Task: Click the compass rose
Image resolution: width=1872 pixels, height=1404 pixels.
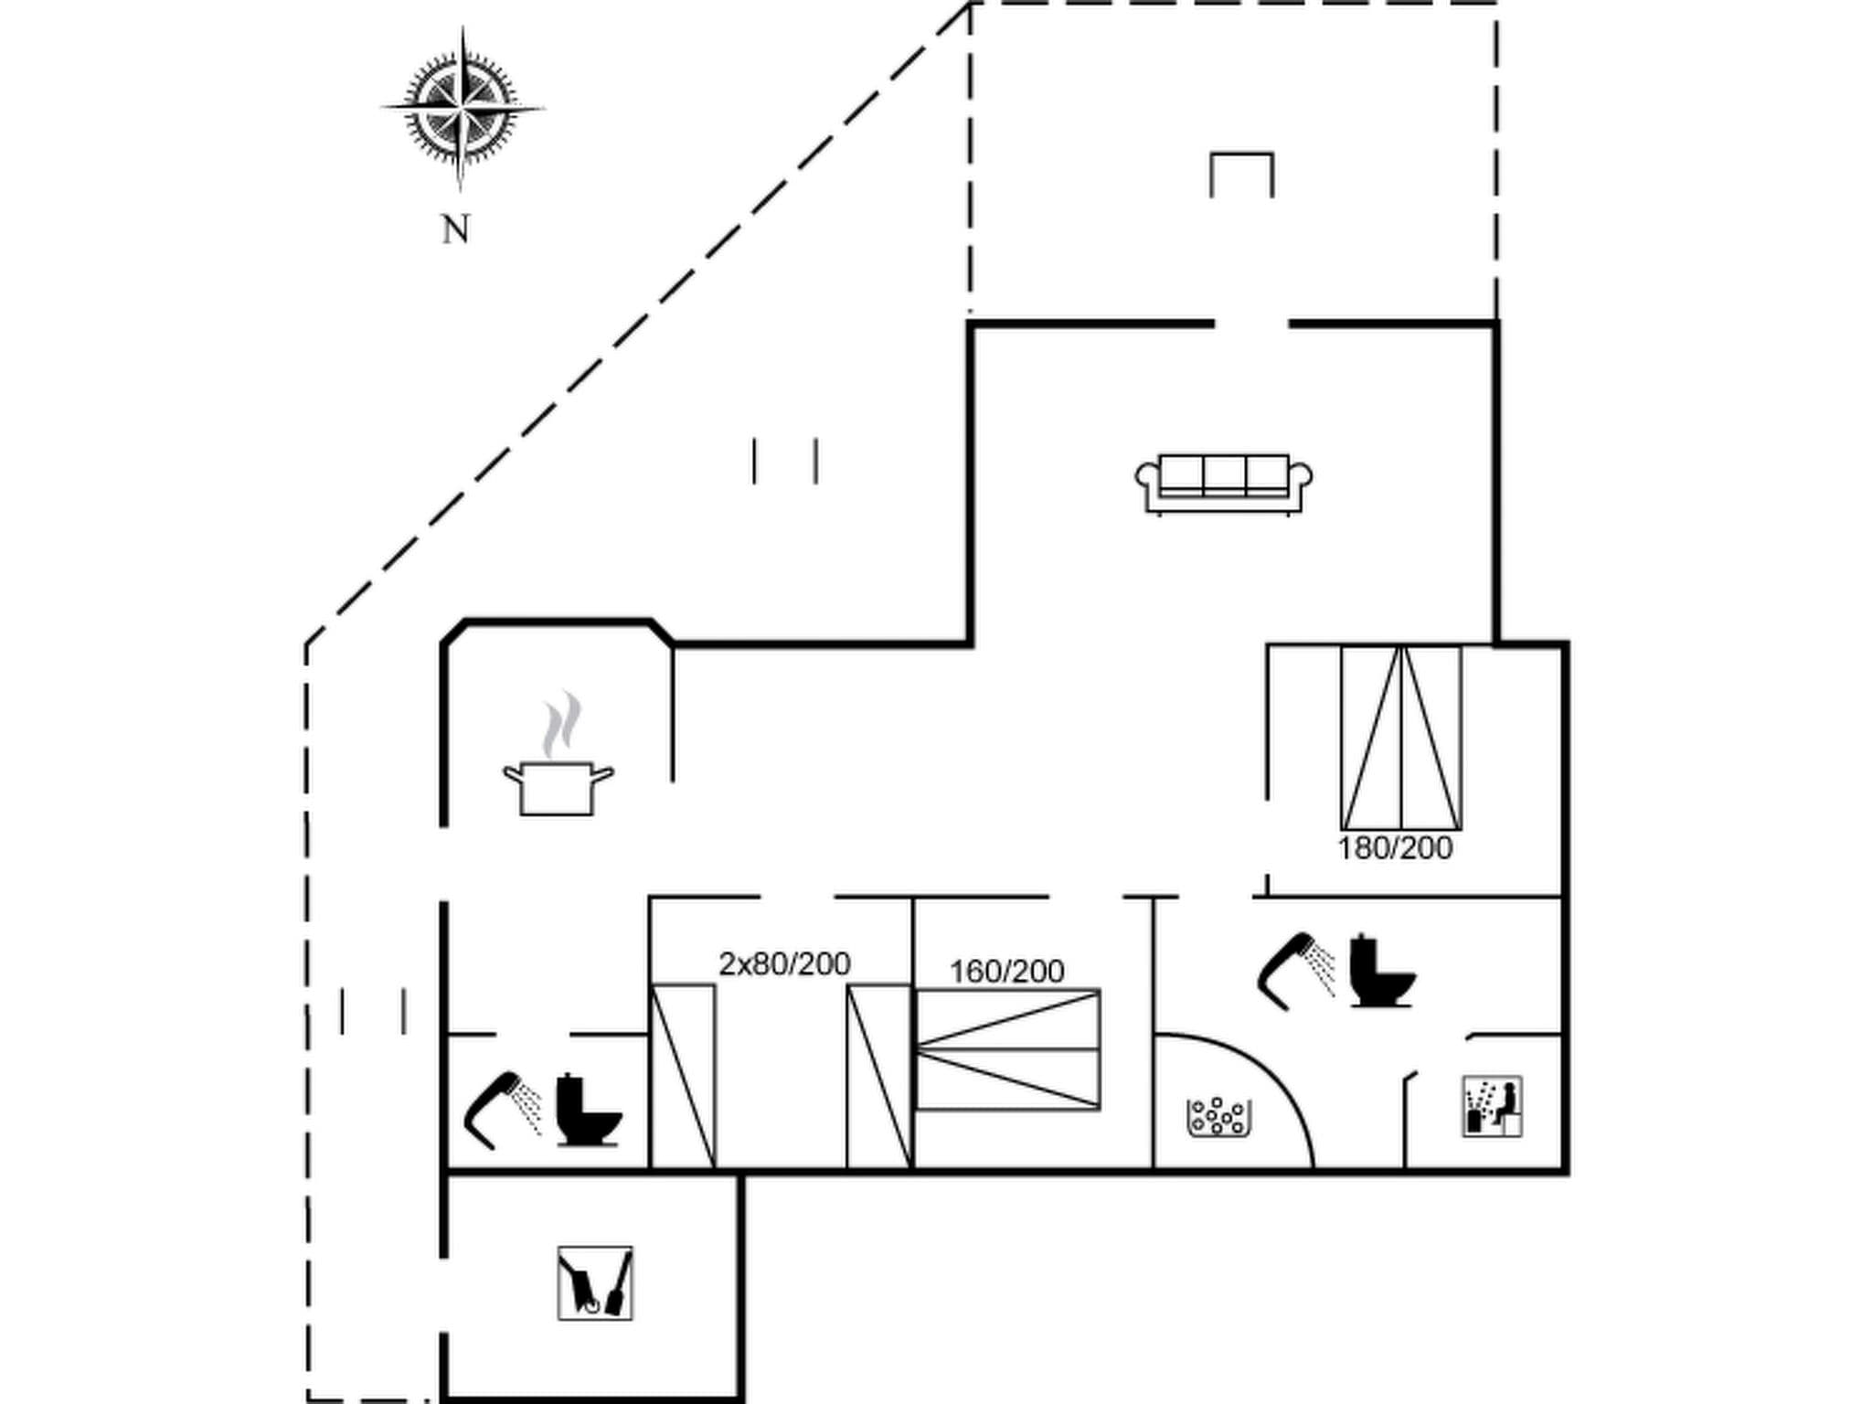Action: click(x=462, y=108)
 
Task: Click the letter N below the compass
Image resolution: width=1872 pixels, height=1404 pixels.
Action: click(x=456, y=230)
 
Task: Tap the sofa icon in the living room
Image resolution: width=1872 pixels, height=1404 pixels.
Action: click(x=1224, y=484)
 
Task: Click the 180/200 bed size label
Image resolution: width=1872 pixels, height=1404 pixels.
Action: click(x=1395, y=848)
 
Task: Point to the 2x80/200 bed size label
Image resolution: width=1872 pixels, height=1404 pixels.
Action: click(x=784, y=963)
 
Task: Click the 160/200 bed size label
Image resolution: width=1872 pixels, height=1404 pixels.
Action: click(x=1006, y=971)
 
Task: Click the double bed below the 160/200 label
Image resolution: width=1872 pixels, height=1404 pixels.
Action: click(x=1007, y=1049)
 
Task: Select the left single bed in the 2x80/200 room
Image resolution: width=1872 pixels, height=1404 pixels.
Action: click(x=682, y=1076)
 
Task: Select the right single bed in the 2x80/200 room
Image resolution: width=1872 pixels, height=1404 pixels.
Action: click(x=878, y=1076)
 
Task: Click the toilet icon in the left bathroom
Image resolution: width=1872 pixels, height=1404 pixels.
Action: click(x=587, y=1110)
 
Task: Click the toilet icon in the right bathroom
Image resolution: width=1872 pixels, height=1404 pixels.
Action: click(x=1380, y=971)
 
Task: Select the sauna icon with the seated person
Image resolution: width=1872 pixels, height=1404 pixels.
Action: click(x=1492, y=1106)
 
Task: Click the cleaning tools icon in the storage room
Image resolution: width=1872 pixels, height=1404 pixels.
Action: click(x=595, y=1282)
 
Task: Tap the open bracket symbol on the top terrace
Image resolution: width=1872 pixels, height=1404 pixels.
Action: click(x=1241, y=174)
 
